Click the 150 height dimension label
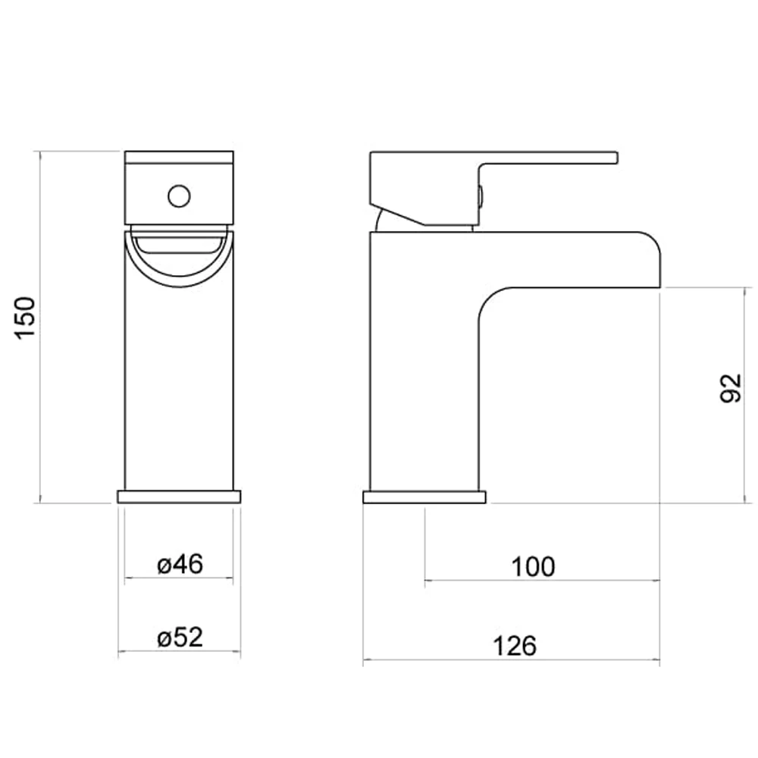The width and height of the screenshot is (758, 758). (26, 318)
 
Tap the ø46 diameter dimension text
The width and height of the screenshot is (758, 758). (180, 565)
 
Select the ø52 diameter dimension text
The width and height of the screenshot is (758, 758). (180, 638)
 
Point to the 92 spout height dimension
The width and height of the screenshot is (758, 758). (730, 389)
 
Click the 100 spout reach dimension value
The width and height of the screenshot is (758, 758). (533, 566)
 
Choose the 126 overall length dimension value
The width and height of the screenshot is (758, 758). (515, 646)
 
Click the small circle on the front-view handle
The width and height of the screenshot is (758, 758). (179, 196)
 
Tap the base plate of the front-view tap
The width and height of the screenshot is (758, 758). (179, 497)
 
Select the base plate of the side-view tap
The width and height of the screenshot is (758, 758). (424, 497)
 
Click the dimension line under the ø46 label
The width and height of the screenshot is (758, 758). (179, 578)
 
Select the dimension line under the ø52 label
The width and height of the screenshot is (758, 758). (179, 652)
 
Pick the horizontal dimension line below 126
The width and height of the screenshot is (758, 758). (512, 660)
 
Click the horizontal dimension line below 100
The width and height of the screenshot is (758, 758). (542, 581)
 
